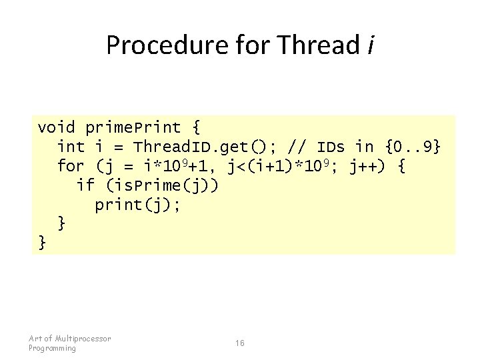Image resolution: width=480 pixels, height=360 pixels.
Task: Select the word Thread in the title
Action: [318, 45]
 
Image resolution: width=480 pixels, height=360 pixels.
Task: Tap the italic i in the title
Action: [370, 45]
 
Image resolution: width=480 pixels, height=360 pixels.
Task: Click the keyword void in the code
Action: [56, 127]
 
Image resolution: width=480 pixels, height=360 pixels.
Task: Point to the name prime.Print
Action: [133, 127]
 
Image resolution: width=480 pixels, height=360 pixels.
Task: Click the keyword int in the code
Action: [71, 147]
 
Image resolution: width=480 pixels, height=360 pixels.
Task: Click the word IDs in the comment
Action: [331, 147]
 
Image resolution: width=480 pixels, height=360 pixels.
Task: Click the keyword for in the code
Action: [71, 166]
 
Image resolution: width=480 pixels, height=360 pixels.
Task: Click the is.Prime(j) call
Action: [162, 185]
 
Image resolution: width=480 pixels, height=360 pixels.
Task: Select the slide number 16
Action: [240, 343]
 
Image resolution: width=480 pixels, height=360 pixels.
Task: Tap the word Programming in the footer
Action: [53, 348]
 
